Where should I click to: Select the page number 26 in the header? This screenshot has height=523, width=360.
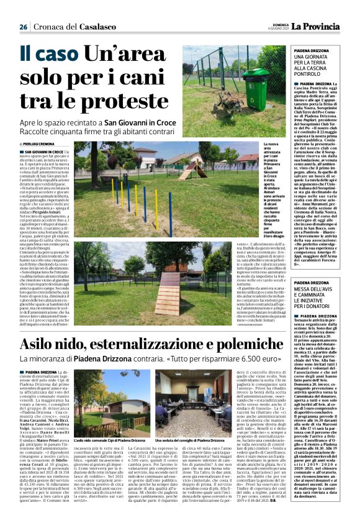click(24, 27)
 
